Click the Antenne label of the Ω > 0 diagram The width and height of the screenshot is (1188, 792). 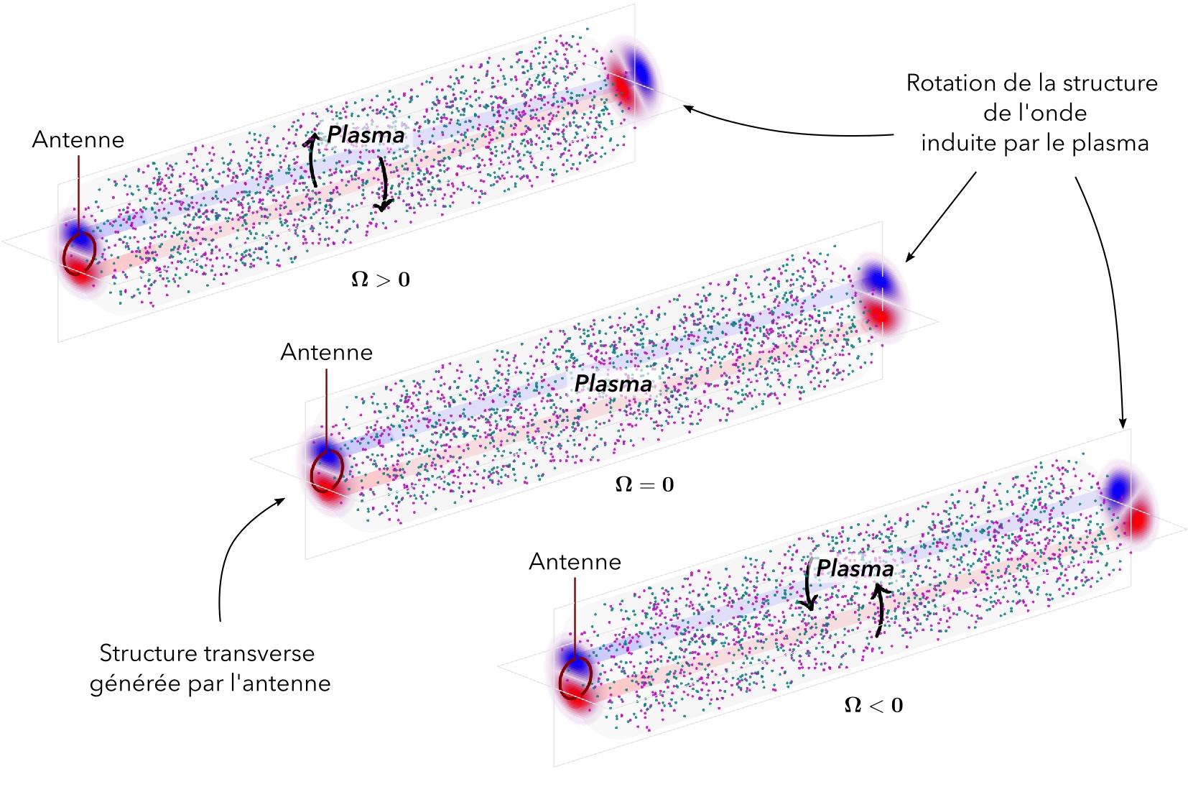(78, 139)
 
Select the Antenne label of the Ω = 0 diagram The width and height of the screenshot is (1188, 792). (327, 352)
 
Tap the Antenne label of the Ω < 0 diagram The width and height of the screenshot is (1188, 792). (575, 561)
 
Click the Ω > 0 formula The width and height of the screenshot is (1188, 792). (381, 279)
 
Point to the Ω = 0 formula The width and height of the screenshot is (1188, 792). (645, 484)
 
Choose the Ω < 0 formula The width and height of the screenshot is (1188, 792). (873, 705)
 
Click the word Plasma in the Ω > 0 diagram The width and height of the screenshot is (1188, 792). (366, 134)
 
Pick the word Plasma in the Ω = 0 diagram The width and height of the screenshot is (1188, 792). (613, 384)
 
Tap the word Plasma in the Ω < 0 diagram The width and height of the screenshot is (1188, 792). (855, 568)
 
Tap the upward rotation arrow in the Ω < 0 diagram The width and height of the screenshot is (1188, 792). (878, 611)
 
